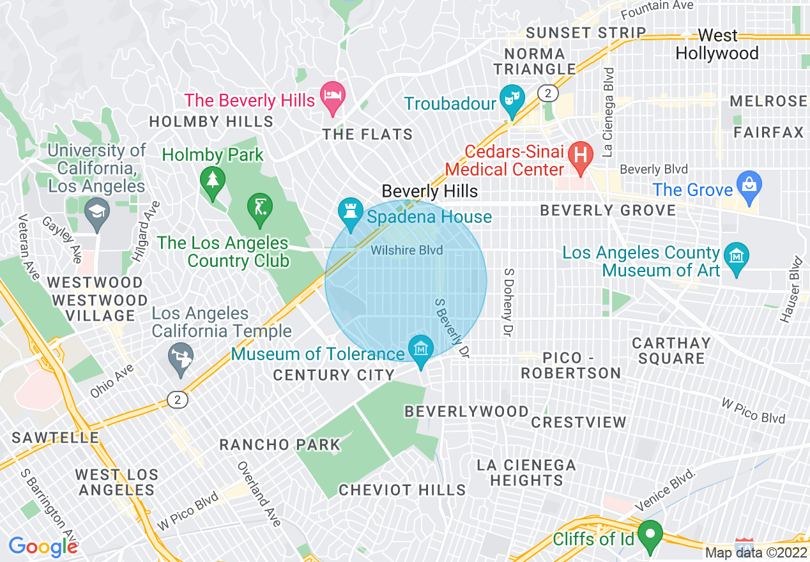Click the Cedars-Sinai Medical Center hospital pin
point(581,155)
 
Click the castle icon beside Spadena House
point(350,211)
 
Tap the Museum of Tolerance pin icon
point(421,350)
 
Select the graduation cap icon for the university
point(97,211)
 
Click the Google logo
point(43,547)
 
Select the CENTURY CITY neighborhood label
point(333,375)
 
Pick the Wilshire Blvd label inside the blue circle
point(407,250)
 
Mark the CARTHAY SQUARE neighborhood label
point(671,351)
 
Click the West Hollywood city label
point(717,44)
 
